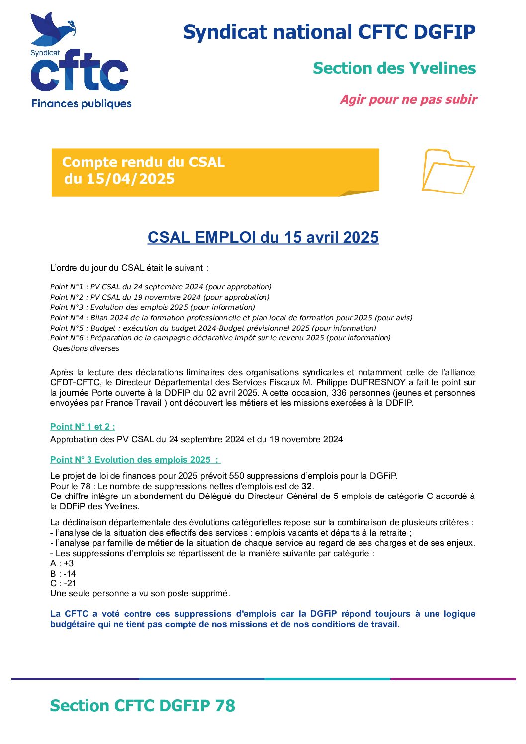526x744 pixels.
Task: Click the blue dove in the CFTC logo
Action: click(x=50, y=28)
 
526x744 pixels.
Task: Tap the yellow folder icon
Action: click(x=447, y=171)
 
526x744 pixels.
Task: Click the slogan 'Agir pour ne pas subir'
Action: click(x=408, y=100)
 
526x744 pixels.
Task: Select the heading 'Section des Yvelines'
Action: click(x=394, y=68)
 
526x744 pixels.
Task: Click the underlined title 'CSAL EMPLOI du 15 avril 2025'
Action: click(x=263, y=237)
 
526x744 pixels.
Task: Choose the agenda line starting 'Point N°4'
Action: click(x=231, y=318)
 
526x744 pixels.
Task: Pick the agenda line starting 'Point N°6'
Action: click(x=220, y=338)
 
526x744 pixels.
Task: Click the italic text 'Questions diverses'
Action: click(x=86, y=348)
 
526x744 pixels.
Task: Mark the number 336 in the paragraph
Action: click(x=339, y=393)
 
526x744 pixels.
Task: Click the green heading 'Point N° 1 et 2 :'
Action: click(x=83, y=427)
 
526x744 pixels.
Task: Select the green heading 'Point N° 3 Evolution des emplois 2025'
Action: click(x=135, y=460)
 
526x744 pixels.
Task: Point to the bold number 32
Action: click(x=307, y=486)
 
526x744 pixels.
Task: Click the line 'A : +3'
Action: click(x=62, y=563)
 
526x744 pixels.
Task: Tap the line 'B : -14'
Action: click(x=63, y=574)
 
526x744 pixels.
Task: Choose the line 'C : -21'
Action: click(x=63, y=583)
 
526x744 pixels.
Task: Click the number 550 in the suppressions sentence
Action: click(x=237, y=476)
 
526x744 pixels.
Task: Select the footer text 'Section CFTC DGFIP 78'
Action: click(x=142, y=706)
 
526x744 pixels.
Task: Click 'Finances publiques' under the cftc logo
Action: click(x=82, y=104)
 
